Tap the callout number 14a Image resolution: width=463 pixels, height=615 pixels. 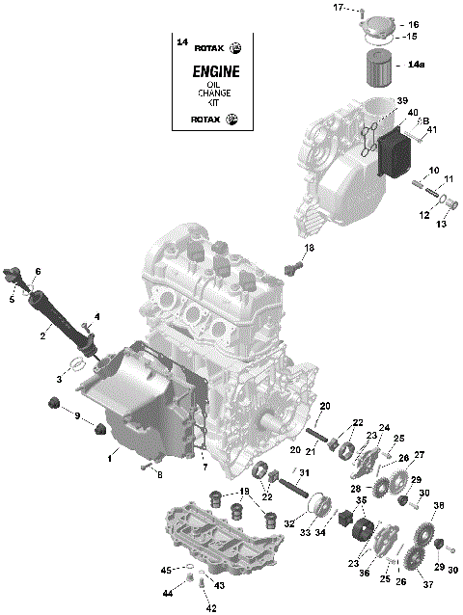(x=416, y=65)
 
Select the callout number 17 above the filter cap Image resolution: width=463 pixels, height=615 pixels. (x=338, y=9)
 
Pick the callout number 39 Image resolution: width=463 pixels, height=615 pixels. (x=403, y=101)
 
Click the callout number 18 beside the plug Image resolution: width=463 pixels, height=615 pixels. (x=310, y=249)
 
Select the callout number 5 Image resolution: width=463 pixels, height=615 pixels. (x=13, y=300)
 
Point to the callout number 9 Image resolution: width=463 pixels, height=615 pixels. (x=77, y=415)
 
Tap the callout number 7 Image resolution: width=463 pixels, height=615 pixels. (x=204, y=467)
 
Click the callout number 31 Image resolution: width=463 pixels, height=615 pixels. (x=305, y=472)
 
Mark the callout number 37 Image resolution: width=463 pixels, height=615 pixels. (x=427, y=585)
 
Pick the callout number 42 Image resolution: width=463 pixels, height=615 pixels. (x=212, y=608)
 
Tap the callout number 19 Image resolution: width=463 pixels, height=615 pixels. (x=245, y=492)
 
